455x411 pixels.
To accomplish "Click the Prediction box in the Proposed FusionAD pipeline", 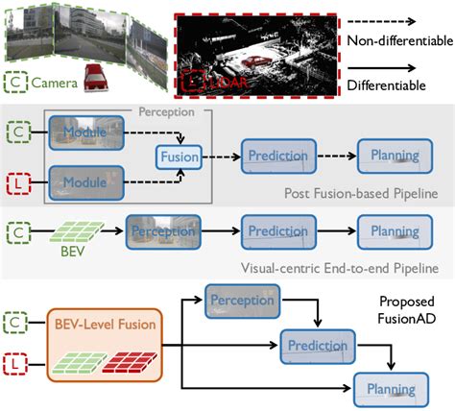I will tap(312, 345).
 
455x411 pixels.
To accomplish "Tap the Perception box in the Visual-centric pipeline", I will tap(156, 230).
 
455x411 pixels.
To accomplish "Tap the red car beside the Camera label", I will tap(96, 81).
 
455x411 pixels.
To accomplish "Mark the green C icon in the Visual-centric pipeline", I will tap(19, 230).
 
